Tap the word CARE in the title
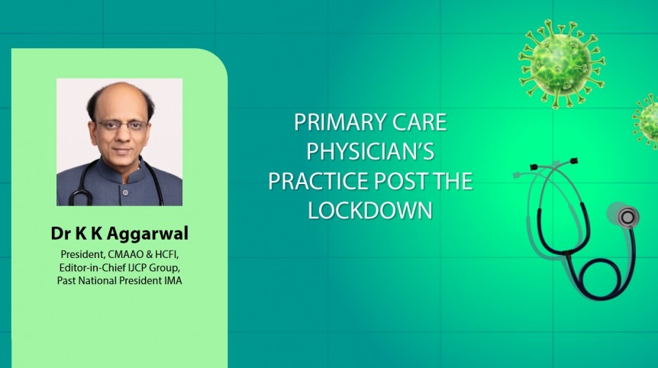click(x=418, y=123)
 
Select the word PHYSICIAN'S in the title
click(x=370, y=152)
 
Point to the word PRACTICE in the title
click(x=315, y=181)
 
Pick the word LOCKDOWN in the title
click(x=370, y=210)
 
